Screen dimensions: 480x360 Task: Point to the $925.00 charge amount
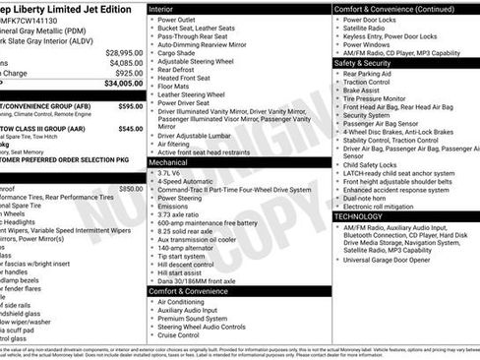[128, 73]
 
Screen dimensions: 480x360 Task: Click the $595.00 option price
[129, 104]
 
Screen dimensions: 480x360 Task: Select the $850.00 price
[130, 188]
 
